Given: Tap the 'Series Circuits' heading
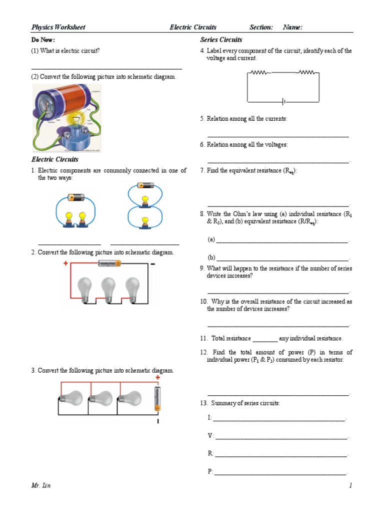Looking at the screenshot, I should [x=221, y=40].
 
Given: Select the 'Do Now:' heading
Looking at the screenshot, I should [x=43, y=40].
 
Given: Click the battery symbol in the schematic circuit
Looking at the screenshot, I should [x=283, y=102].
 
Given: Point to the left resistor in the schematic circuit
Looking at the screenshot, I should [x=259, y=73].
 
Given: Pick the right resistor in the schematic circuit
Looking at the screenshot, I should [x=306, y=73].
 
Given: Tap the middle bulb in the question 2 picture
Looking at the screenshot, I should [x=108, y=289].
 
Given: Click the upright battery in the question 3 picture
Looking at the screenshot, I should [x=158, y=399].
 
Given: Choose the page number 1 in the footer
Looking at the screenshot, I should [x=351, y=485].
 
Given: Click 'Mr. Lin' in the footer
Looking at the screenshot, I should [x=41, y=485].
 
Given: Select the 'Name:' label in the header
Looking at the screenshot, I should [x=292, y=27].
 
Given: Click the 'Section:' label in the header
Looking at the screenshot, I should [x=261, y=27].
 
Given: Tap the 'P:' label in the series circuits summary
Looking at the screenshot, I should [x=210, y=471].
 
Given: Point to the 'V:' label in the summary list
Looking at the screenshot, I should [x=210, y=435].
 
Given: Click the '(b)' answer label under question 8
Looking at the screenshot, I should [x=211, y=257].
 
